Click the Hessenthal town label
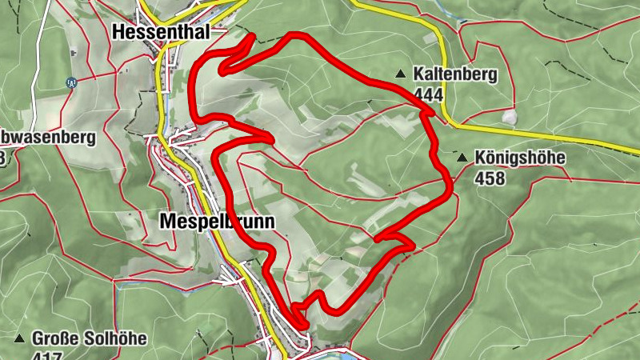[x=161, y=32]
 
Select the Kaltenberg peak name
[x=455, y=74]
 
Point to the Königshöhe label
[x=519, y=158]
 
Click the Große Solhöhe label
[x=90, y=338]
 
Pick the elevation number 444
[x=428, y=94]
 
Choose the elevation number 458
[x=490, y=178]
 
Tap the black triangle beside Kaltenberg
[x=399, y=74]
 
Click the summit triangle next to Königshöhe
[x=461, y=158]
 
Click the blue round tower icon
[x=71, y=82]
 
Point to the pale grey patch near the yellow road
[x=509, y=118]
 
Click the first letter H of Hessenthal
[x=120, y=32]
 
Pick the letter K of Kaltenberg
[x=418, y=74]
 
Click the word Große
[x=55, y=338]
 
